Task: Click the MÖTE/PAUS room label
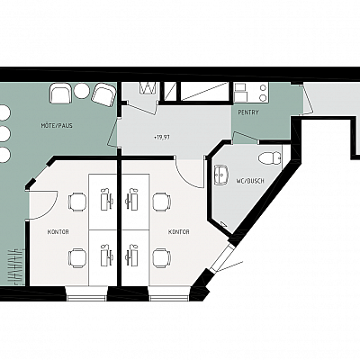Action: [x=57, y=125]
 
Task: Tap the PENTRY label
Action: [x=248, y=112]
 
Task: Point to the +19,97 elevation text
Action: [x=162, y=138]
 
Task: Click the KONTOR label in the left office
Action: [x=58, y=232]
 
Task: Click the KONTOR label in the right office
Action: [x=179, y=232]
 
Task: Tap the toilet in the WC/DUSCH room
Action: [x=270, y=158]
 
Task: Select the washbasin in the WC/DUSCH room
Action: [x=221, y=173]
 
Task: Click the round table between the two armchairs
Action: [x=80, y=91]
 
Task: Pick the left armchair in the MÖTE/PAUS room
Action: [x=61, y=94]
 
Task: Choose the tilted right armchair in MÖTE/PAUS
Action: [x=103, y=94]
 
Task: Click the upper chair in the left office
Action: [x=77, y=202]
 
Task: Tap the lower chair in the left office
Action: [x=77, y=257]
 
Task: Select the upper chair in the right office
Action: [x=162, y=202]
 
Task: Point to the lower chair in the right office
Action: [x=162, y=257]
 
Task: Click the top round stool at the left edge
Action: [x=4, y=113]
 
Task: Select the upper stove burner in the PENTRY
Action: [x=263, y=87]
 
